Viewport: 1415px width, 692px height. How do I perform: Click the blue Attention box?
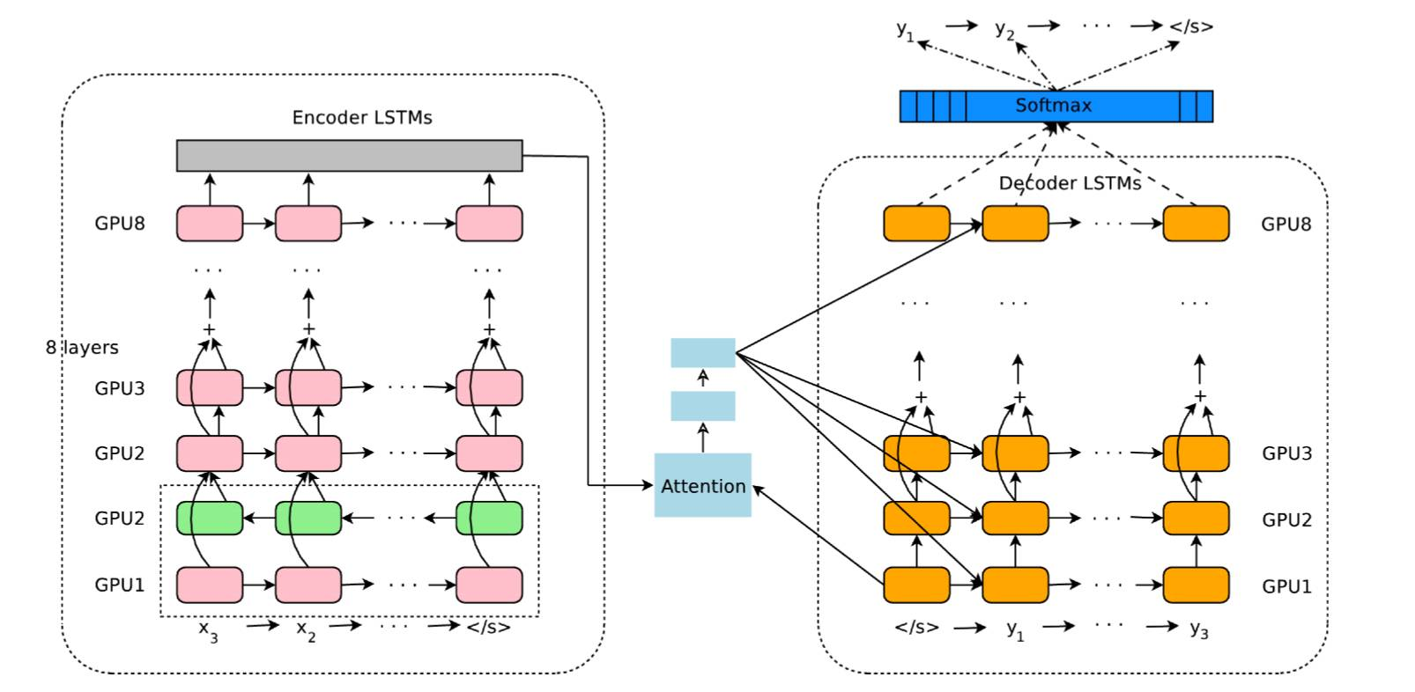702,485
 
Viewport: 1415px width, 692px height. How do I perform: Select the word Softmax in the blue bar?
1053,106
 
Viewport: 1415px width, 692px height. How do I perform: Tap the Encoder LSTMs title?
362,118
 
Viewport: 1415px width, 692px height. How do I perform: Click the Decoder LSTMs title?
1070,183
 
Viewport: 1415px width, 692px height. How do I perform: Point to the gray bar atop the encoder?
349,156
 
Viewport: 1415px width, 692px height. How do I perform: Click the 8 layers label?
82,348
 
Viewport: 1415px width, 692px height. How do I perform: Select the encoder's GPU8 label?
120,224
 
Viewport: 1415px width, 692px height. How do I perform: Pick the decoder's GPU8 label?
1285,224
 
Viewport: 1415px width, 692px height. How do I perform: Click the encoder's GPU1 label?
120,585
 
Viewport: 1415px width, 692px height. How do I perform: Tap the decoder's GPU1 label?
1286,586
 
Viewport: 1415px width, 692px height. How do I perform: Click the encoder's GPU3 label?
120,388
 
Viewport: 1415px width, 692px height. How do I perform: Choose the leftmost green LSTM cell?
210,519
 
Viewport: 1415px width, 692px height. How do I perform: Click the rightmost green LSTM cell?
489,519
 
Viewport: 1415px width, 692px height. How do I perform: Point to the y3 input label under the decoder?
1198,629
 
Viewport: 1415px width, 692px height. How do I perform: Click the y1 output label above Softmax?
905,30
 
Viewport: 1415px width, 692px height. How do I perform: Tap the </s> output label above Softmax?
1191,26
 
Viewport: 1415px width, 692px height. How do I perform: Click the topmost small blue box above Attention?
702,353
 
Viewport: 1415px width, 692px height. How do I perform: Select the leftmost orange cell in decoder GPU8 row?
916,224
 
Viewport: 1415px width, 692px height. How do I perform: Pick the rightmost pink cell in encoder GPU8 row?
489,224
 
